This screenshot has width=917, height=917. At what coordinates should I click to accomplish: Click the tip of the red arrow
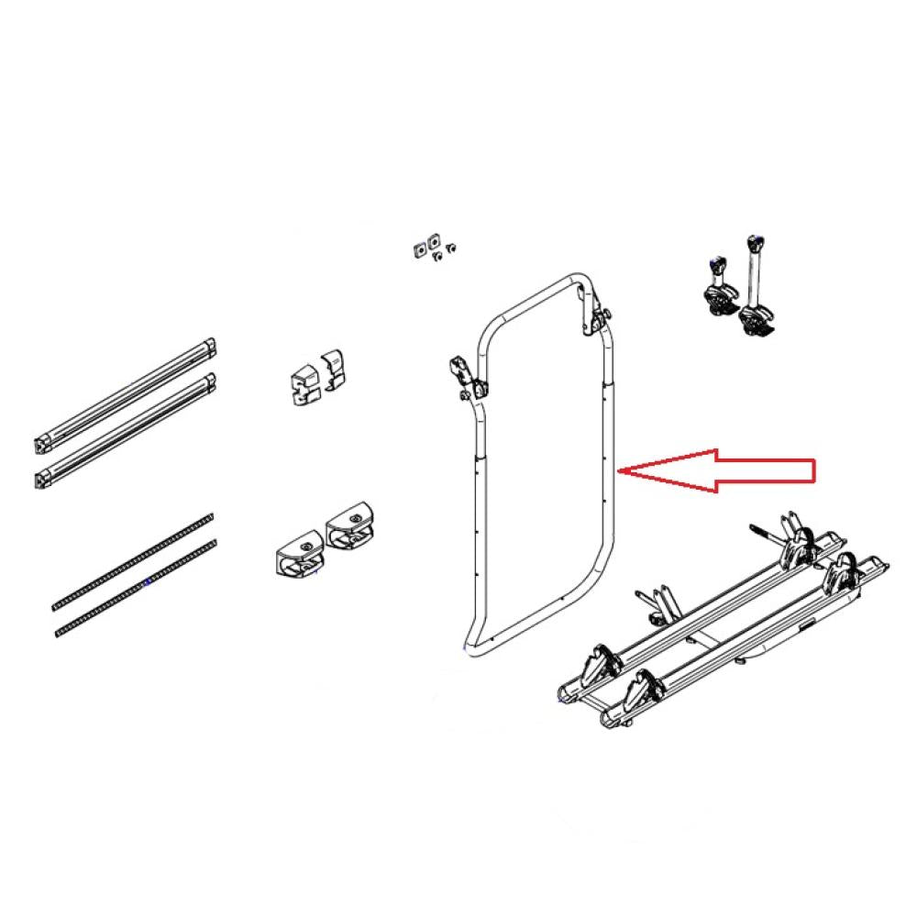coord(623,470)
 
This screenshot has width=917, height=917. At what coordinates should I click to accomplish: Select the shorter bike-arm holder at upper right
coord(717,284)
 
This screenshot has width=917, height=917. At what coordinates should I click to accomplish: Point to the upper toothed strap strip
coord(134,558)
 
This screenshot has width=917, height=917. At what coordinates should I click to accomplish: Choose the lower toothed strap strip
coord(138,586)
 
